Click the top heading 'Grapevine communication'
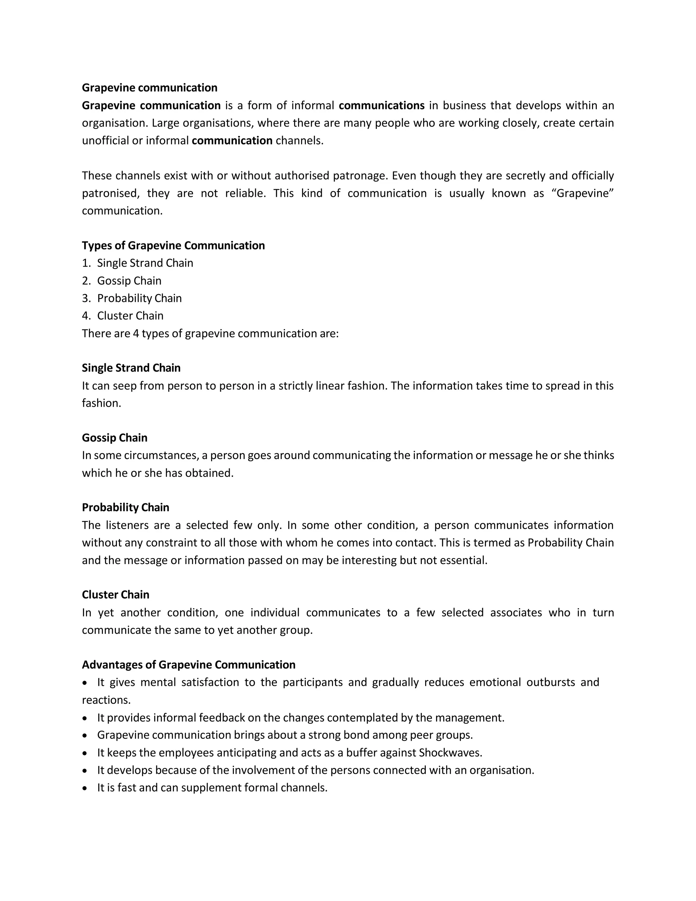tap(149, 88)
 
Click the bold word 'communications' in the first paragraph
tap(381, 106)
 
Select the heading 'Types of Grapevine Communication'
tap(173, 245)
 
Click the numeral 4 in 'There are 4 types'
tap(136, 333)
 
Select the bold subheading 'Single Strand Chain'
tap(131, 368)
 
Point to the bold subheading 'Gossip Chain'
tap(115, 438)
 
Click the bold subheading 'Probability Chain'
tap(125, 507)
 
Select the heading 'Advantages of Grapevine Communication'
tap(188, 665)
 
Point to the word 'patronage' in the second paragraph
tap(359, 176)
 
